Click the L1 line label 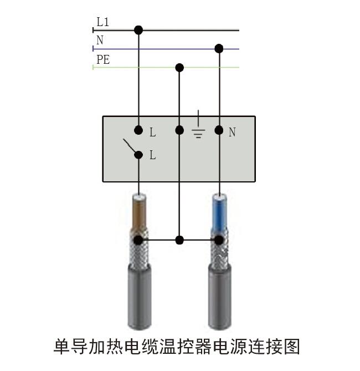103,22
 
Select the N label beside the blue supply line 100,40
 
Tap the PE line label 103,59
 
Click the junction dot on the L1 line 138,30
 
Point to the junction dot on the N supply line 219,49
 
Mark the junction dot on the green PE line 179,68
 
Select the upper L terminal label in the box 152,133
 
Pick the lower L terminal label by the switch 152,156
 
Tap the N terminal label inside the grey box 232,133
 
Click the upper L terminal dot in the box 138,131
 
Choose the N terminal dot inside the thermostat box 219,131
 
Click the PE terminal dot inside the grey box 179,131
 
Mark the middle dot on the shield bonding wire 179,240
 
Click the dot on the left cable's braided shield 138,240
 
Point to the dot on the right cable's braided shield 219,240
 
